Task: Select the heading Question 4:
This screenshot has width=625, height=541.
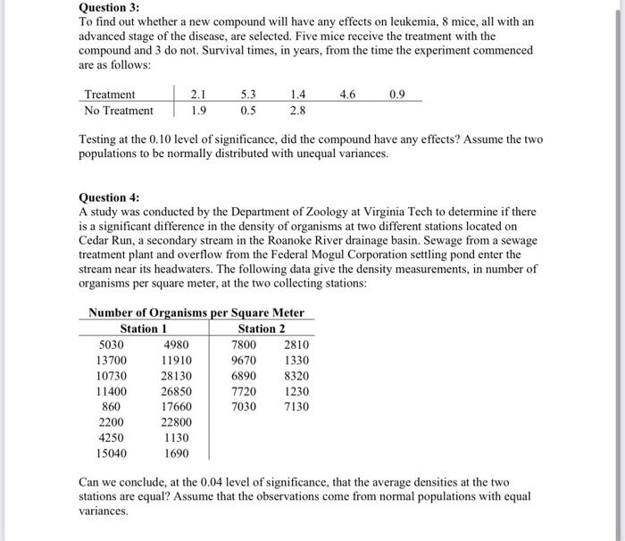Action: coord(110,197)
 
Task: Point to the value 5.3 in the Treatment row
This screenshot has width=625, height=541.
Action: coord(248,94)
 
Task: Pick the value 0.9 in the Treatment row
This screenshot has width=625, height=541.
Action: coord(398,94)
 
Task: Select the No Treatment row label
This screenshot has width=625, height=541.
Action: coord(118,111)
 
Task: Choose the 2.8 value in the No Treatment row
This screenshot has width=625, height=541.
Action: coord(298,111)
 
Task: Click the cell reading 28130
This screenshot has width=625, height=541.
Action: coord(177,376)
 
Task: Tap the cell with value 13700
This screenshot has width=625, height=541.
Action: coord(112,360)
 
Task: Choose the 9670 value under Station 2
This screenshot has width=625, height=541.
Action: coord(244,360)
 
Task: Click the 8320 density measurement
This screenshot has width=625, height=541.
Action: coord(296,376)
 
